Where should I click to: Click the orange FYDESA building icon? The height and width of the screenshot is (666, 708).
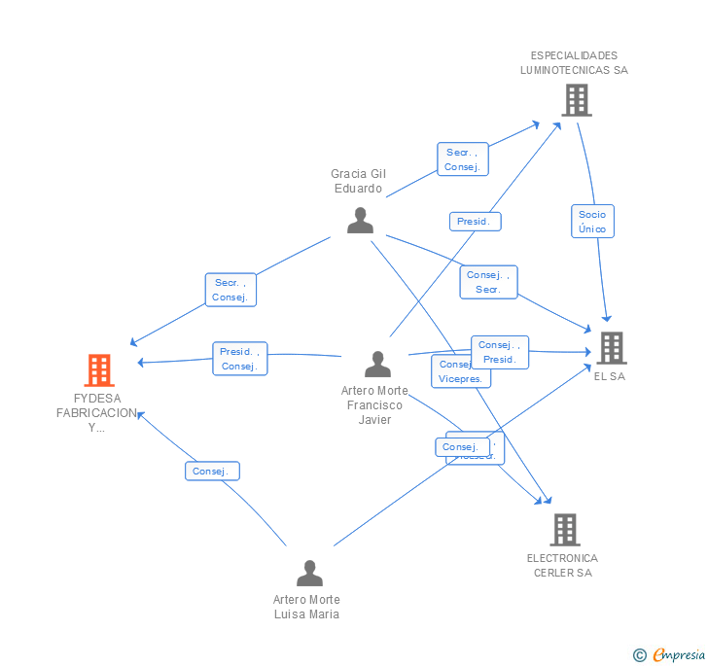coord(99,370)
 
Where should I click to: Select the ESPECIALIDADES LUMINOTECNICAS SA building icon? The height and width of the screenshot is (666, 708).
coord(576,99)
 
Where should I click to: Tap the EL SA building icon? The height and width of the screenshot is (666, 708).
coord(611,347)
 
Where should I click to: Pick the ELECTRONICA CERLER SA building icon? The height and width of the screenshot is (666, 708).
coord(565,530)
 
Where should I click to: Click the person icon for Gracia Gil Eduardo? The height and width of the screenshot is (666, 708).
coord(360,221)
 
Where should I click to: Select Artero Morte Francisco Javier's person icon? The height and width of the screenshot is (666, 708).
coord(377,365)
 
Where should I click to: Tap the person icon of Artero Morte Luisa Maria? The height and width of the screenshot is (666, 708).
coord(309,574)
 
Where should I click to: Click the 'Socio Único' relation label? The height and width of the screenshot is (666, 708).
coord(592,222)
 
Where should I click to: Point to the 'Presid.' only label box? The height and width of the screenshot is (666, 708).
coord(475,222)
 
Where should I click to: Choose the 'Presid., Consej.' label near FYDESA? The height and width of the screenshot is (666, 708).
coord(238,359)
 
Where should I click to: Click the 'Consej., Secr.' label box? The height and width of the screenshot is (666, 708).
coord(488,282)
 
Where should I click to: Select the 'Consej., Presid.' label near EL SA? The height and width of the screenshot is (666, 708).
coord(500,352)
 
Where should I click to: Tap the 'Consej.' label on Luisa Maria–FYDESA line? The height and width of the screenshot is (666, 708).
coord(211,471)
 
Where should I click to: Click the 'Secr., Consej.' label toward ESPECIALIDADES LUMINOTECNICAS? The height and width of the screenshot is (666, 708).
coord(462,159)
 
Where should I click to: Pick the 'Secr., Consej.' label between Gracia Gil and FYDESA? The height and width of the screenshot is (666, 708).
coord(230,290)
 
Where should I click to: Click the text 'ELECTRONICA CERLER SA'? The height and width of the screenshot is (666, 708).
coord(562,565)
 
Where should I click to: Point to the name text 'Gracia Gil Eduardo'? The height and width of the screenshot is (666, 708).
coord(358,181)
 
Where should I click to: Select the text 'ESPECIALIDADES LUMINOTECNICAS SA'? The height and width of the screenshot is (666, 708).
coord(574,62)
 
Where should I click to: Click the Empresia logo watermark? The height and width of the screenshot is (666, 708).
coord(670,654)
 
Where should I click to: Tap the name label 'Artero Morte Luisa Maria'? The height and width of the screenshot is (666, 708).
coord(306,607)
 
